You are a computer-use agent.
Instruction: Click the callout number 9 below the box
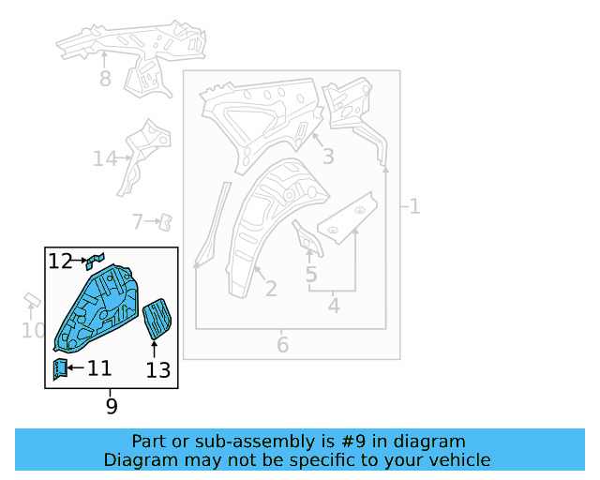(112, 406)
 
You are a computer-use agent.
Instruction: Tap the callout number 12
(60, 262)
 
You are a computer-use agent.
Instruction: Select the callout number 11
(99, 368)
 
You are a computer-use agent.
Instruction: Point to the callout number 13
(158, 370)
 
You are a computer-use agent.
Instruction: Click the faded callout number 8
(105, 79)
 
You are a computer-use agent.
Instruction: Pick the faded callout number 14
(104, 158)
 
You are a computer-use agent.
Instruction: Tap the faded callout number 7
(138, 221)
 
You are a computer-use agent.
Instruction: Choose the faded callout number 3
(328, 157)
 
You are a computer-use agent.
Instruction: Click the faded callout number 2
(271, 289)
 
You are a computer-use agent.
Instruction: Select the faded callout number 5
(311, 275)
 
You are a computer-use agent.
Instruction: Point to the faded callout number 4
(334, 306)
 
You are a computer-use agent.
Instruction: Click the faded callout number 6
(282, 345)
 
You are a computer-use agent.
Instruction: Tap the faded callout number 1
(414, 206)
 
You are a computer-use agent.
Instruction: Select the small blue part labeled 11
(60, 368)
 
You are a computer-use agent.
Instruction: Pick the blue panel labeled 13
(157, 319)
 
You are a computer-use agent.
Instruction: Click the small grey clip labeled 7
(166, 222)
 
